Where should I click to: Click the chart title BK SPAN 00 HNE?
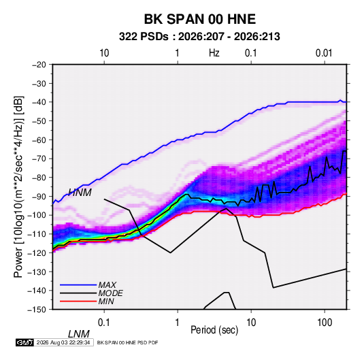tap(200, 19)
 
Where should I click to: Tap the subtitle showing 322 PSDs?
tap(199, 37)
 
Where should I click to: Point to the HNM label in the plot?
tap(80, 193)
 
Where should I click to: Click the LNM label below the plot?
tap(79, 334)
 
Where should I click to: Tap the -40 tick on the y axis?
tap(39, 102)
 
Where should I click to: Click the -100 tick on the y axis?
tap(37, 215)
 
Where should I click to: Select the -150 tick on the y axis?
tap(37, 310)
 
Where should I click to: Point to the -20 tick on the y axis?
tap(39, 65)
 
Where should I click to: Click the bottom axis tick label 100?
tap(325, 323)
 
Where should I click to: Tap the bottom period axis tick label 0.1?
tap(104, 323)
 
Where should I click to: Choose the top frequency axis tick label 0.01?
tap(324, 53)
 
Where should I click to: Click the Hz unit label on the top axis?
tap(214, 53)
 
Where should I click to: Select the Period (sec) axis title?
tap(214, 330)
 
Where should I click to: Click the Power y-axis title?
tap(18, 187)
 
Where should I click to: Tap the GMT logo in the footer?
tap(25, 342)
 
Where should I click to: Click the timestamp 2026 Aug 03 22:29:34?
tap(63, 342)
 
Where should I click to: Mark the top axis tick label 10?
tap(104, 53)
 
